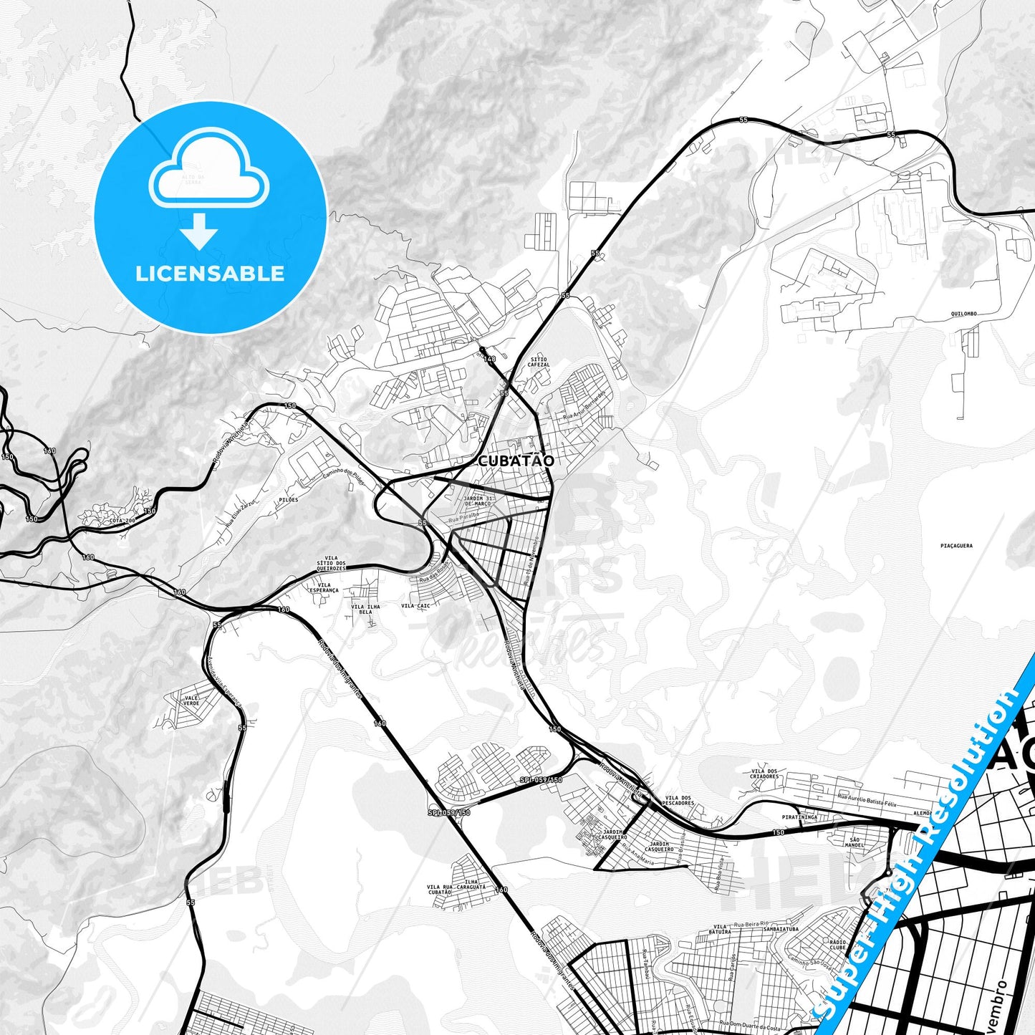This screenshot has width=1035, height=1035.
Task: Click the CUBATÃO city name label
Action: (515, 461)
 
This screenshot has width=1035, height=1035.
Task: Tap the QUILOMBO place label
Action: (963, 314)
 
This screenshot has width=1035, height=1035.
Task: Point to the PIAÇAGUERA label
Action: (956, 546)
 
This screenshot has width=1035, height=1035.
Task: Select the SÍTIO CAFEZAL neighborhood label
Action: (539, 362)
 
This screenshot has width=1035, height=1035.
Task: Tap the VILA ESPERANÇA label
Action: (324, 587)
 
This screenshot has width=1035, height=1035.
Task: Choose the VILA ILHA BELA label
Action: (365, 610)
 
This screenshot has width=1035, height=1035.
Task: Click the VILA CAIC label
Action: (415, 606)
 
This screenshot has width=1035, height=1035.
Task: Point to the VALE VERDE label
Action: (191, 701)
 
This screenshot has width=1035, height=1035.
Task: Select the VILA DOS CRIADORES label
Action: (764, 773)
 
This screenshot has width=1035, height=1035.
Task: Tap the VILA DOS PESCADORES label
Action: (679, 801)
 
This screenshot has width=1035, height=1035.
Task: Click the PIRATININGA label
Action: (799, 817)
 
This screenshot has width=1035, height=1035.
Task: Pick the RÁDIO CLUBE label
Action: (837, 945)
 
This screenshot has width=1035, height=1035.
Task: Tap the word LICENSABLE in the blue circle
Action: (210, 274)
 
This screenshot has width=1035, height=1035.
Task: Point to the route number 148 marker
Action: (489, 359)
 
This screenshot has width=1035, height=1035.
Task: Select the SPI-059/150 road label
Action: (541, 779)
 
